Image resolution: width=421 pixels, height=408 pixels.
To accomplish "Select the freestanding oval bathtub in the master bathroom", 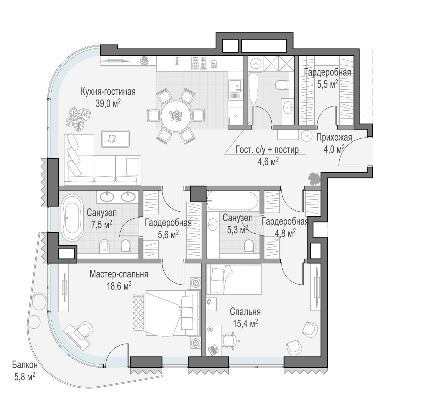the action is pos(72,217).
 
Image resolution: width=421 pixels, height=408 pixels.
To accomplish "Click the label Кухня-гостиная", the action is pos(108,92).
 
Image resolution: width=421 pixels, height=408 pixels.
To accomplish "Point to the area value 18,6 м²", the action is pos(119,286).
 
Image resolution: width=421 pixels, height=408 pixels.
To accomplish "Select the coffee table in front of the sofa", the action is pos(116,139).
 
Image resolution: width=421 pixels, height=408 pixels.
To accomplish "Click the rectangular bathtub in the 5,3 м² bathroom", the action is pos(233,201).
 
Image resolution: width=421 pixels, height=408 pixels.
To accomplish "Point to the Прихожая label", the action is pos(334,138).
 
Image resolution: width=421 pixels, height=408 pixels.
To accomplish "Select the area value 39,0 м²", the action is pos(108,103).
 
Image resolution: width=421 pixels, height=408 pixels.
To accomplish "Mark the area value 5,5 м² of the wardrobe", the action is pos(327,84).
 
